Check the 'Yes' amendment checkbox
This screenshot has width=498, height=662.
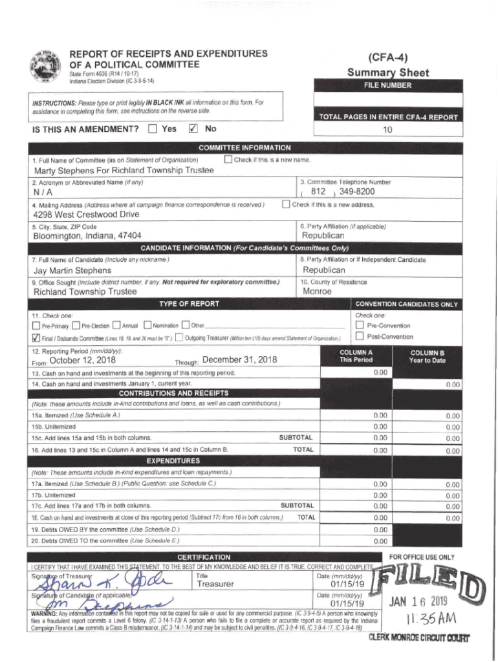[152, 129]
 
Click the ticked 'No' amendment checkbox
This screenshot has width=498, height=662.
[192, 129]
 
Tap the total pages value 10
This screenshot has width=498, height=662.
[388, 129]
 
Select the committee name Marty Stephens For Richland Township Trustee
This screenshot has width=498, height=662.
[123, 171]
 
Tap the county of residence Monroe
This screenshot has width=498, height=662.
[317, 292]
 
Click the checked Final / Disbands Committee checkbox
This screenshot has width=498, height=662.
[36, 338]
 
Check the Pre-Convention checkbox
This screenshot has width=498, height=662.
[360, 325]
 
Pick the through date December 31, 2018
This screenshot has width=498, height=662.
[239, 360]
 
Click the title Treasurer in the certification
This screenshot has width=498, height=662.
[215, 584]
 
